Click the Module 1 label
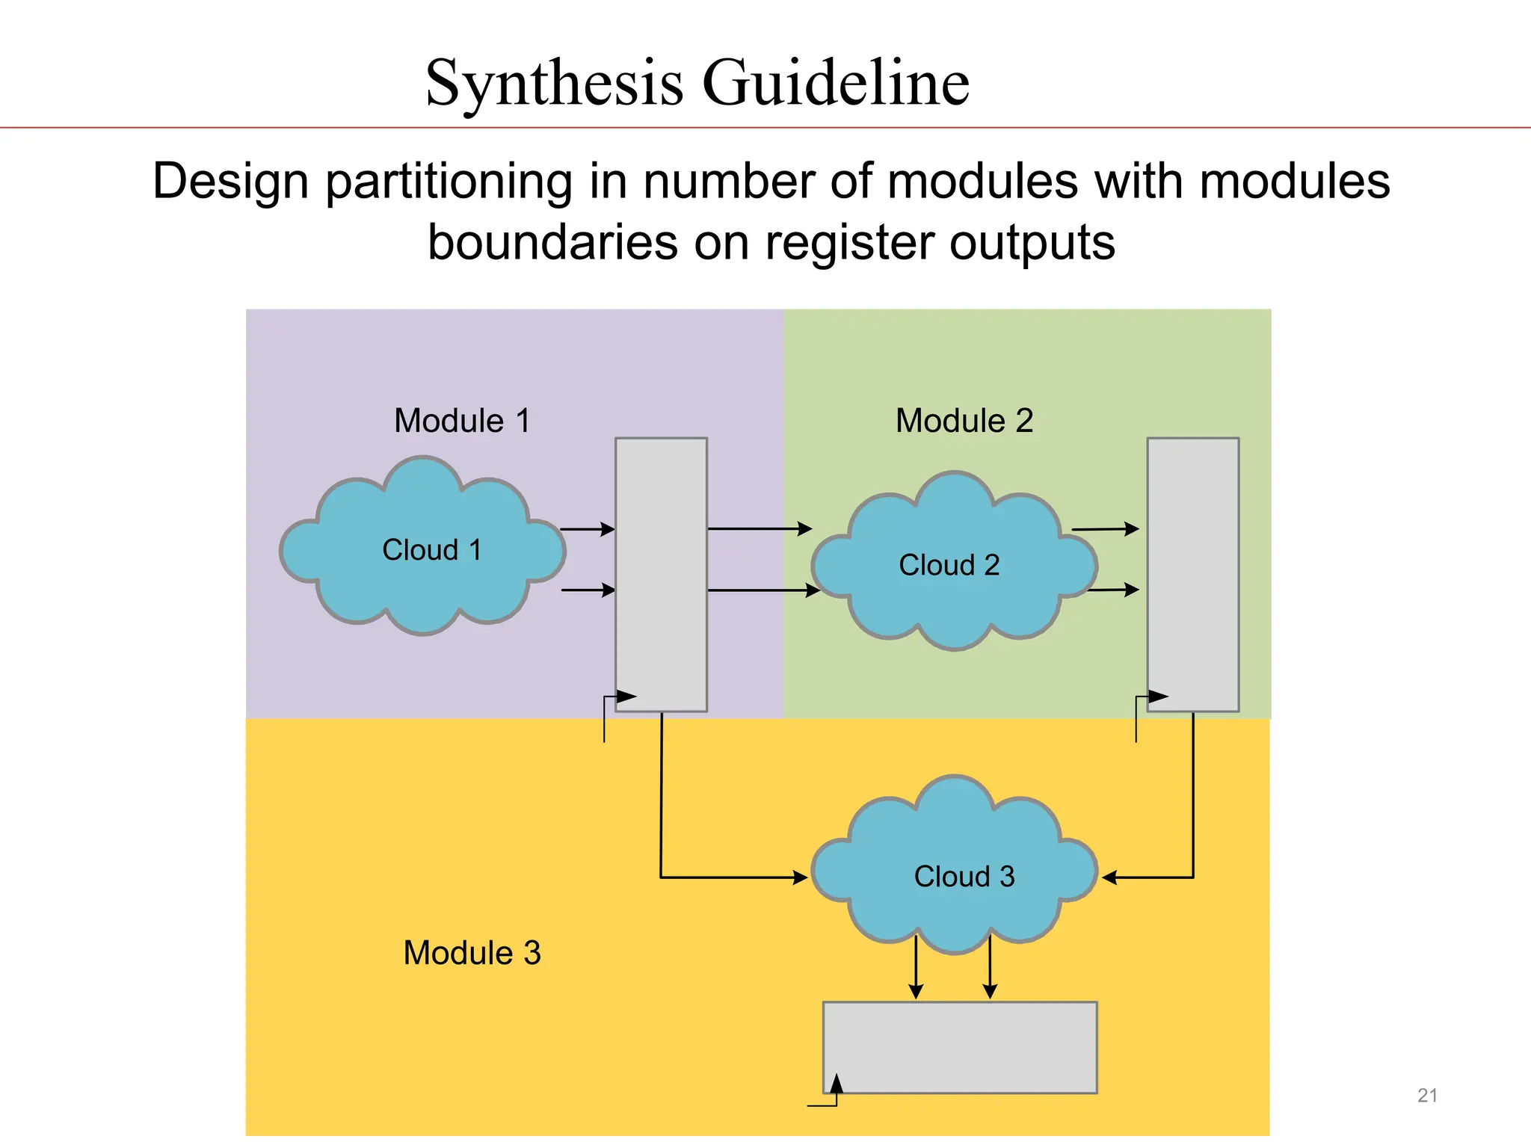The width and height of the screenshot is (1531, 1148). coord(462,421)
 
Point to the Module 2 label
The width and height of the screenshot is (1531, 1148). coord(964,421)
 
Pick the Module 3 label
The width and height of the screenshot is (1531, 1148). coord(472,953)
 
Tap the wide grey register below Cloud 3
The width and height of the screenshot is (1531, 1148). coord(960,1047)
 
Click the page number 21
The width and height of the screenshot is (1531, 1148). coord(1427,1096)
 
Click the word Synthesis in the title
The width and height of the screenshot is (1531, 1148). coord(554,83)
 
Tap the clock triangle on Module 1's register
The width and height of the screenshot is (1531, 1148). coord(626,697)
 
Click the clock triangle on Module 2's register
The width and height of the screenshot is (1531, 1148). coord(1158,697)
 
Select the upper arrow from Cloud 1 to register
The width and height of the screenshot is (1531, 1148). coord(587,529)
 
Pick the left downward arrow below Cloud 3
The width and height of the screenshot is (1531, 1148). coord(916,968)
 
